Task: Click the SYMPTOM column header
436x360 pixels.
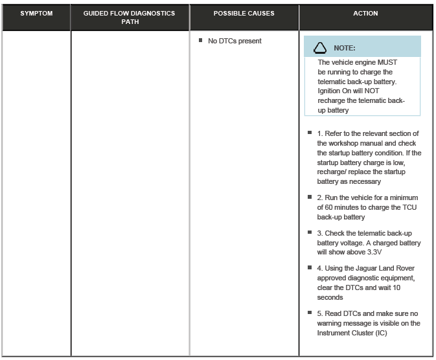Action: pos(36,14)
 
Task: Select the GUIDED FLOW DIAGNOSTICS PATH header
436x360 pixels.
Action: pos(130,17)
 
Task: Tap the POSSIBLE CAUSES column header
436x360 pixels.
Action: pos(244,14)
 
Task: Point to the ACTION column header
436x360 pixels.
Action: pos(365,14)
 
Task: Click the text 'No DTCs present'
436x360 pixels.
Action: pos(235,41)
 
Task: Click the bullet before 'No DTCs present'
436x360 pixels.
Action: pos(201,41)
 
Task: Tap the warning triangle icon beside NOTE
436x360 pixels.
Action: pos(319,48)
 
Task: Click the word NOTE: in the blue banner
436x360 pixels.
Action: pos(344,48)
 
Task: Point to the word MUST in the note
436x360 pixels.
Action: pos(387,63)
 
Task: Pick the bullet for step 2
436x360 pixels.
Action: pos(311,197)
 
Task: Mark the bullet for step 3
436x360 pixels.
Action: pos(311,232)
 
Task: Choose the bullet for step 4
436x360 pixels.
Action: pos(311,267)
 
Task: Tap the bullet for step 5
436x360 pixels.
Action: pos(311,313)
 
